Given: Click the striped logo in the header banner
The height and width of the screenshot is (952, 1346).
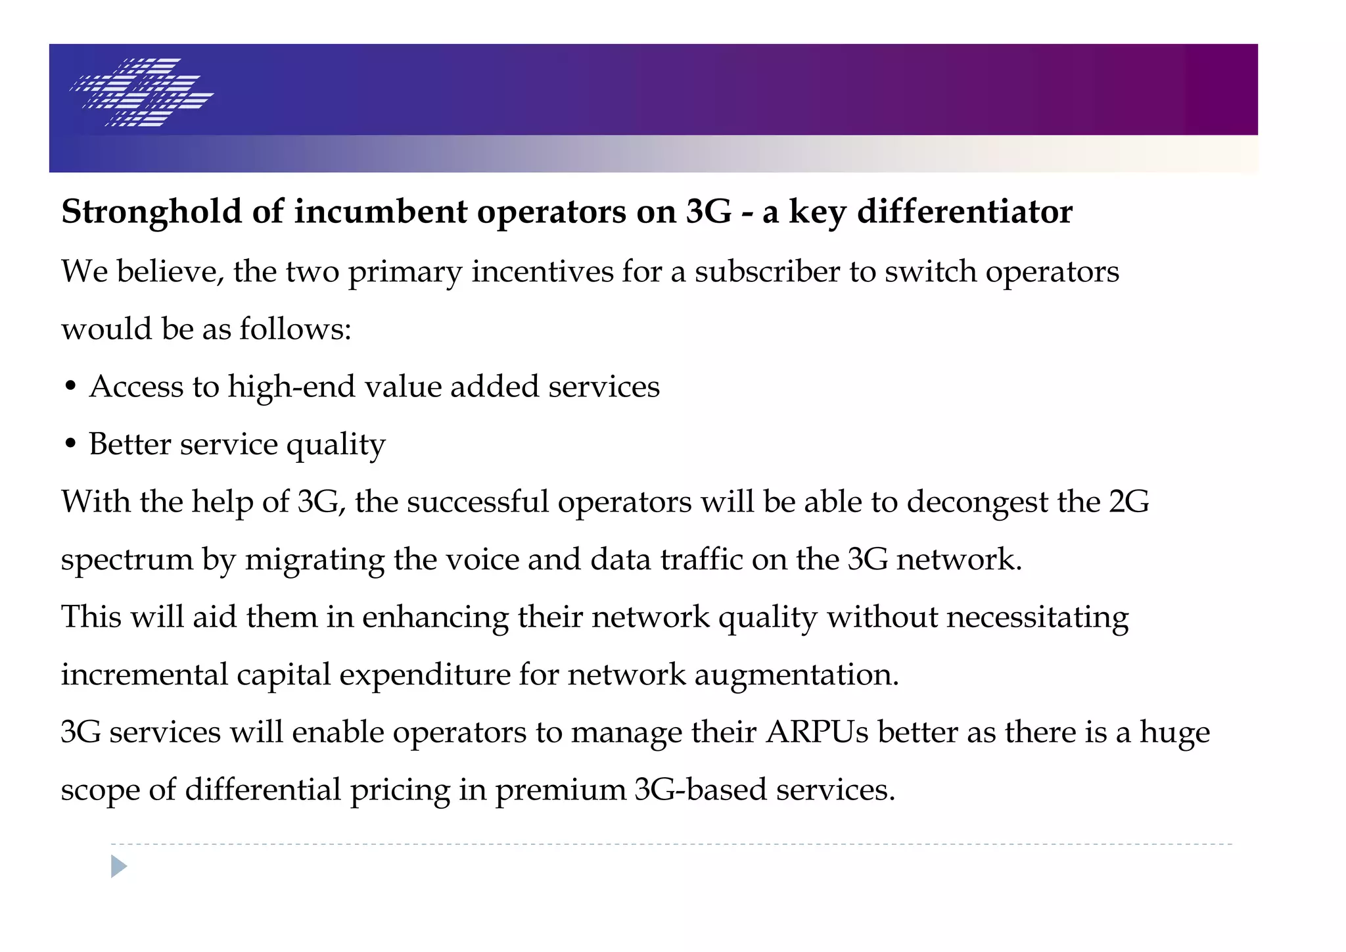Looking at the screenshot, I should pyautogui.click(x=142, y=92).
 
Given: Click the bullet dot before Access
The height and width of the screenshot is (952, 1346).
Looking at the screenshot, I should pyautogui.click(x=71, y=387).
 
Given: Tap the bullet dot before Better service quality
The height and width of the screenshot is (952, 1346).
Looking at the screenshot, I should pyautogui.click(x=71, y=444).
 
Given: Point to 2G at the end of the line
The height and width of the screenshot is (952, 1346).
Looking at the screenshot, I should pyautogui.click(x=1128, y=502).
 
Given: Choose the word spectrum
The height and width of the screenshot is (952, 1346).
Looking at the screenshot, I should pyautogui.click(x=127, y=560).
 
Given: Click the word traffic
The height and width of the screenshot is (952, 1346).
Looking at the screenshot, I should pyautogui.click(x=701, y=559).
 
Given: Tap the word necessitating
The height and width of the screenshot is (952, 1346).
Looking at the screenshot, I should pyautogui.click(x=1037, y=617).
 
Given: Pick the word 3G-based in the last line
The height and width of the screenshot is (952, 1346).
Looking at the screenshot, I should pyautogui.click(x=701, y=790).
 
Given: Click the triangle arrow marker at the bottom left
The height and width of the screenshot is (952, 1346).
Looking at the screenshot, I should pyautogui.click(x=118, y=866).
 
